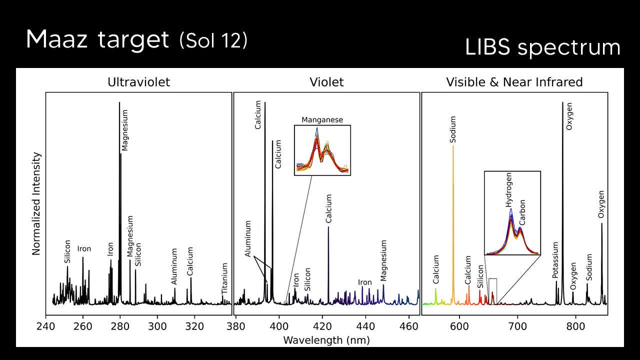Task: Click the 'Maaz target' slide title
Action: [x=97, y=39]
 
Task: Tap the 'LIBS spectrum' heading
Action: [x=542, y=47]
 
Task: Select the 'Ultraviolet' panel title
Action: [x=139, y=82]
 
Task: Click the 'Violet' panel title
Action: [x=326, y=82]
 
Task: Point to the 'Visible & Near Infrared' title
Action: [x=514, y=82]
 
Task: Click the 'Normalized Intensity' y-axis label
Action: [x=36, y=203]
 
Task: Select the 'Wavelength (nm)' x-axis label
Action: [x=326, y=340]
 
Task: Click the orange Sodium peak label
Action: [x=453, y=129]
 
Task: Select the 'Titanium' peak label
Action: [x=225, y=278]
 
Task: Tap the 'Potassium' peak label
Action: [x=555, y=260]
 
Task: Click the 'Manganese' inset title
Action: [x=322, y=120]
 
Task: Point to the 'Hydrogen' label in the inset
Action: [x=509, y=190]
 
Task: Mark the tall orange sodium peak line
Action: [x=453, y=225]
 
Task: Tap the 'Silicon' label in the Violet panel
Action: [x=308, y=279]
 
